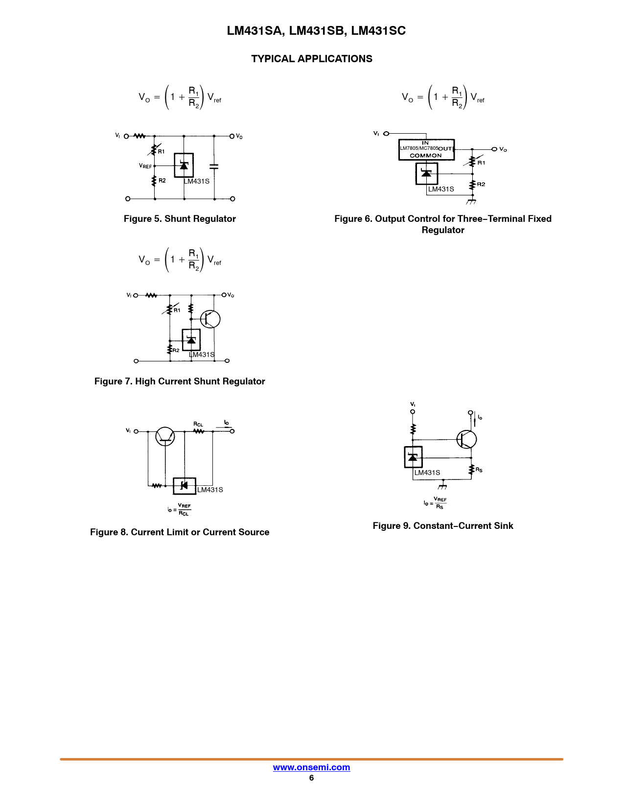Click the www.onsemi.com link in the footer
311,767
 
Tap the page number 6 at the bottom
311,778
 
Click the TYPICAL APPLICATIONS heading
311,59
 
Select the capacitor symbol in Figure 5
214,166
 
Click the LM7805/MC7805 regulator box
426,149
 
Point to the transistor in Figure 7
210,319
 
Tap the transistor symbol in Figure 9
466,439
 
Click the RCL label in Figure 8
198,424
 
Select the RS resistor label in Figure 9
479,470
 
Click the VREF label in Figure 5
145,166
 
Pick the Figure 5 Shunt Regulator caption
180,218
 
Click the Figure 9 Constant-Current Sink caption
442,526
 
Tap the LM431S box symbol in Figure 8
185,486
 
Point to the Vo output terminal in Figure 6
494,149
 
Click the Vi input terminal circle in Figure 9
413,412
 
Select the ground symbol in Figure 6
471,202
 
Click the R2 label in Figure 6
481,184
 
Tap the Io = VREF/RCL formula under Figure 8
179,509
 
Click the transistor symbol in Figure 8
165,436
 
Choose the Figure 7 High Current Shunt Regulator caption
180,381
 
